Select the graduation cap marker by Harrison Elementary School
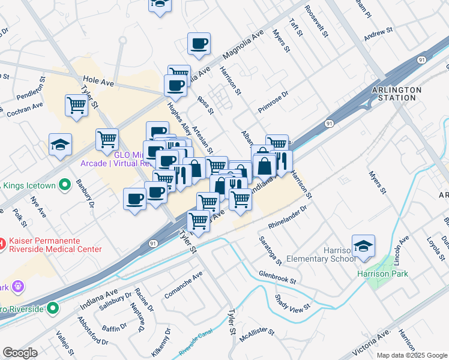point(363,247)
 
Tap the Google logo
point(20,353)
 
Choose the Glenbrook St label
point(278,276)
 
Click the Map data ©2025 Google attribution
point(412,355)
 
